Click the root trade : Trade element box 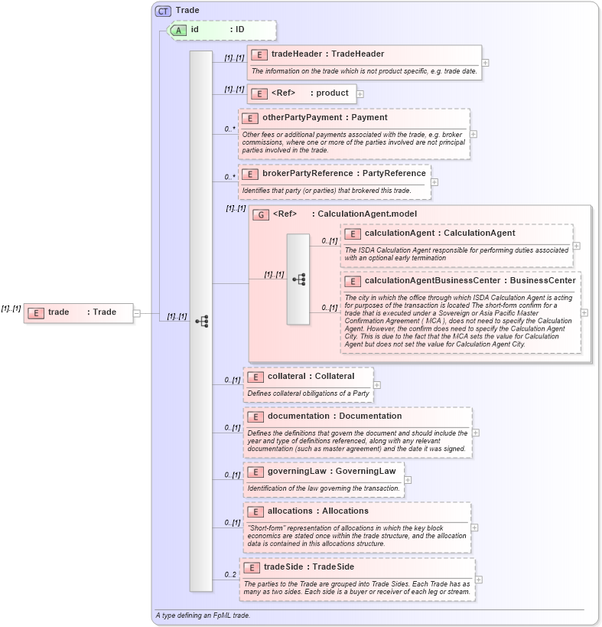click(x=78, y=312)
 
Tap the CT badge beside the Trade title click(x=163, y=11)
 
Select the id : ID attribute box click(x=220, y=30)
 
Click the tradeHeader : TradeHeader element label click(x=327, y=54)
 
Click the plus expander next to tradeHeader click(x=486, y=64)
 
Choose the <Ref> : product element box click(x=301, y=93)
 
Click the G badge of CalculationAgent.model click(x=261, y=215)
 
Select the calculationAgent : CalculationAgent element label click(x=440, y=233)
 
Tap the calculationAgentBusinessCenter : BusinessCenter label click(x=470, y=281)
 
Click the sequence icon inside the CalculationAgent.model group click(x=298, y=279)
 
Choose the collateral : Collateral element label click(x=311, y=377)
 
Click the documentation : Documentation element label click(x=334, y=416)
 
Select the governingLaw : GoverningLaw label click(x=331, y=472)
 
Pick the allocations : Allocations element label click(x=317, y=511)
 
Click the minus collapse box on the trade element click(x=137, y=312)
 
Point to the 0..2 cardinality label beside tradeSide click(x=229, y=575)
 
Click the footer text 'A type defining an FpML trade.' click(x=203, y=616)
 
